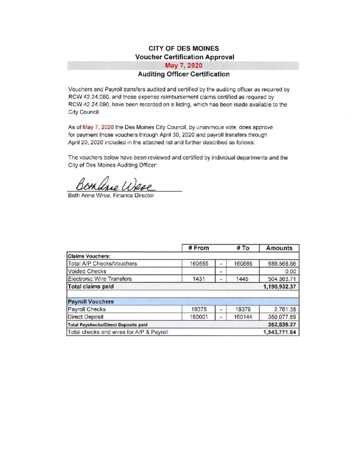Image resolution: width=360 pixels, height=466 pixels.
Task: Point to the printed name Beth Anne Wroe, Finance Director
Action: coord(111,196)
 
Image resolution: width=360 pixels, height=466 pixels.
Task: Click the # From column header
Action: coord(198,248)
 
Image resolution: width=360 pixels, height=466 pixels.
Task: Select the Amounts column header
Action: coord(279,248)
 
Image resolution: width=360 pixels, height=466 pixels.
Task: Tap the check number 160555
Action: coord(199,263)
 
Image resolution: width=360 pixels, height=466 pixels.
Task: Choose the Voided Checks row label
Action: coord(86,271)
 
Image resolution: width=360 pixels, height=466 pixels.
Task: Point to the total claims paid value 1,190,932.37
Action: coord(279,287)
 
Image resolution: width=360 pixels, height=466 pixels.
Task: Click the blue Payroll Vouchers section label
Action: coord(91,301)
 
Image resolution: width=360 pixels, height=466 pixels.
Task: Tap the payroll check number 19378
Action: coord(199,309)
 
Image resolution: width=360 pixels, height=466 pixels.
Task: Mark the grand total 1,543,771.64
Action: coord(279,332)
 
